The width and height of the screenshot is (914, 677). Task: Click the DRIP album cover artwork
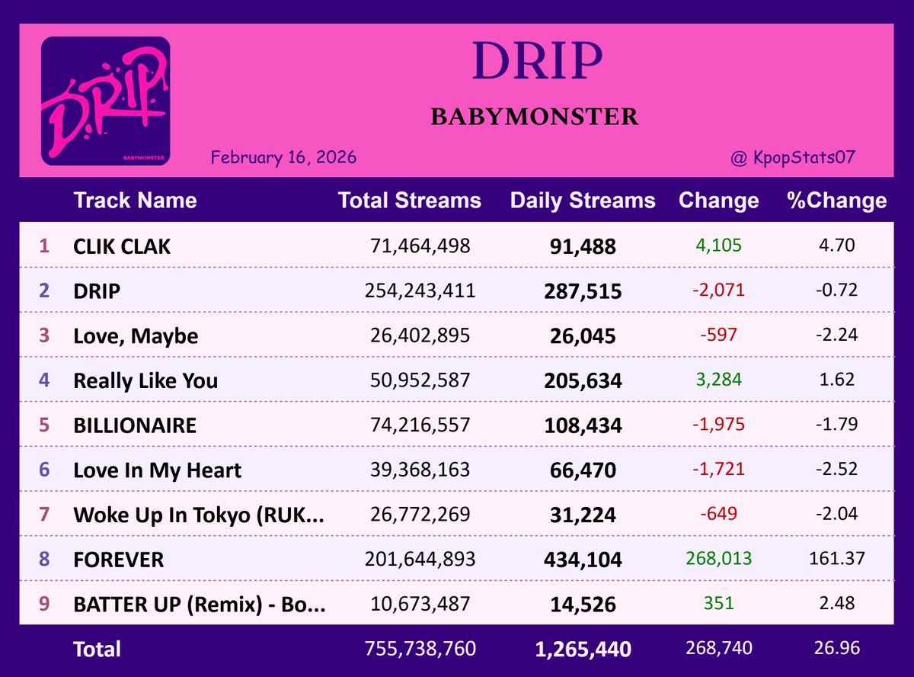105,101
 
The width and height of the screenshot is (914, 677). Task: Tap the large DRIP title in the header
537,62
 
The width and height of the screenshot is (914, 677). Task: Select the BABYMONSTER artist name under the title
534,117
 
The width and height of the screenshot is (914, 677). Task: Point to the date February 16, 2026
283,158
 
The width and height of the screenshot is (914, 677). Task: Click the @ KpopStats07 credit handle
792,158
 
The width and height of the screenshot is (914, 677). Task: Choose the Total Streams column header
409,201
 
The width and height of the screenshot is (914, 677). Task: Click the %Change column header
836,201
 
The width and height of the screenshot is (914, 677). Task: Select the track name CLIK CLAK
122,246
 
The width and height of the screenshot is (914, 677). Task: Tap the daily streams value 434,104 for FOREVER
583,560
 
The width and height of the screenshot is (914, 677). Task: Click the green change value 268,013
718,559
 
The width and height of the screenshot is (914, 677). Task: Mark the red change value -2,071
718,290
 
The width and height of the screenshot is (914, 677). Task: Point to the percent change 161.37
836,559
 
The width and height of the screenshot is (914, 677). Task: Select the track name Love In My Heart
157,470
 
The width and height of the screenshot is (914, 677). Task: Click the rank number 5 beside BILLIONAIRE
44,425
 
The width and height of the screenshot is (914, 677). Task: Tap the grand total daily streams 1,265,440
583,650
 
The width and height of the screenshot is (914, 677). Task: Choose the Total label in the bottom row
97,650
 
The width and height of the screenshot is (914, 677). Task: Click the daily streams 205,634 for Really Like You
583,380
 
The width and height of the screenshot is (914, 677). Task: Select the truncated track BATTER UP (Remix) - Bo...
200,605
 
